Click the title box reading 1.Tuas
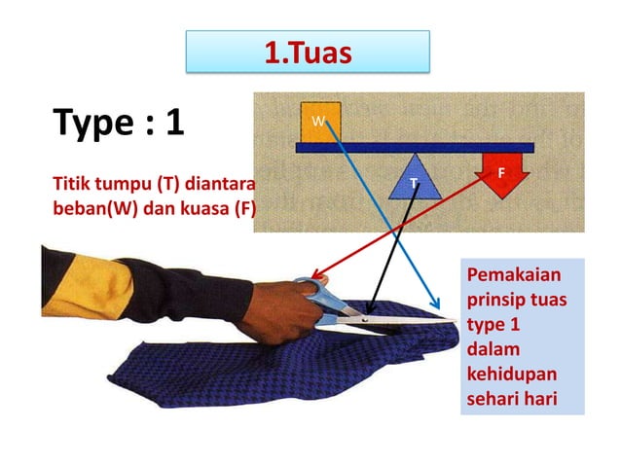pos(307,51)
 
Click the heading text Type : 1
pos(119,124)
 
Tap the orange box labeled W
pos(318,121)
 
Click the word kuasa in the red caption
pos(199,207)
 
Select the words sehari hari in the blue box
pos(513,397)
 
